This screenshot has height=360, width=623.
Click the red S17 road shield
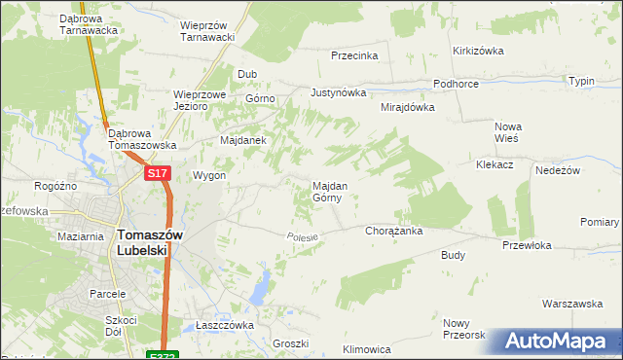159,173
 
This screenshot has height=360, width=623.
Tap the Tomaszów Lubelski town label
142,241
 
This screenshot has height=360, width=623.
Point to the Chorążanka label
392,232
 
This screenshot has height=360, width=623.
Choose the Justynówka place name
338,93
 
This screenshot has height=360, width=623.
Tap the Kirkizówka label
476,51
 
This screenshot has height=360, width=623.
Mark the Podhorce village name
456,85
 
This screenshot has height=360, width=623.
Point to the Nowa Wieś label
508,132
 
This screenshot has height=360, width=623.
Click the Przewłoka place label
527,245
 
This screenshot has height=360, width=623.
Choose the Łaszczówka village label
224,325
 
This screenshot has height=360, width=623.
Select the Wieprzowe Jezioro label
200,100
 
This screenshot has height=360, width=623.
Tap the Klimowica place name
367,348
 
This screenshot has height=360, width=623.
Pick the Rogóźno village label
55,186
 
